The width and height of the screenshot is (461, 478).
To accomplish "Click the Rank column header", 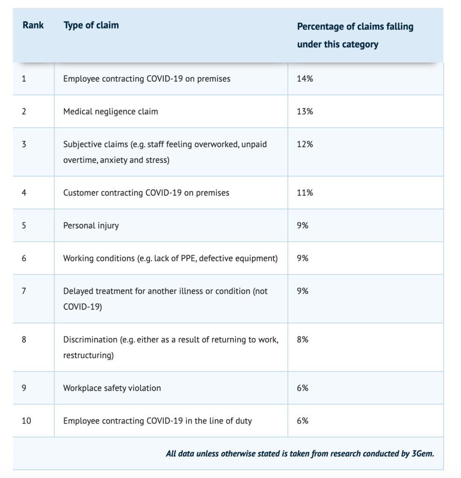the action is tap(33, 25).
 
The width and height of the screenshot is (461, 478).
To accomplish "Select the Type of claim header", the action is tap(91, 25).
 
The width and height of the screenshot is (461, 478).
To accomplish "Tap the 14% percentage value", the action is tap(305, 78).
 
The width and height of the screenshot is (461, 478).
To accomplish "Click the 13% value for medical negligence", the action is tap(305, 111).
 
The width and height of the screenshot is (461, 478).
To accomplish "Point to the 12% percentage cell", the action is tap(305, 144).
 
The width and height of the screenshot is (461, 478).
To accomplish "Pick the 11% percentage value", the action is tap(305, 193).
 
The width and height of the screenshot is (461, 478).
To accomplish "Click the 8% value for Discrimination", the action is tap(302, 339).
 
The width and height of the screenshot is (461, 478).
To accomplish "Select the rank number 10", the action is tap(26, 421).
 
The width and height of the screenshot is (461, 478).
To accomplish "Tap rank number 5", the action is tap(24, 225).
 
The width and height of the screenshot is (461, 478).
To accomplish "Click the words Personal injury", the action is tap(91, 225).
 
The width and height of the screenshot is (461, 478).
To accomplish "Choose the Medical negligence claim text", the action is tap(110, 112).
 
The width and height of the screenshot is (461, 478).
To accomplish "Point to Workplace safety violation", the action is tap(112, 388).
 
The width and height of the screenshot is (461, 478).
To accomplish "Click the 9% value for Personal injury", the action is tap(302, 225).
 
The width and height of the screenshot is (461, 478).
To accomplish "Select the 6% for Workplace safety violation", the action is tap(302, 388).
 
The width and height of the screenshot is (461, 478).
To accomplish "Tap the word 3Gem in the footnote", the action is tap(423, 454).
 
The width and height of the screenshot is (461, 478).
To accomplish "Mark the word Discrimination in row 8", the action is tap(90, 339).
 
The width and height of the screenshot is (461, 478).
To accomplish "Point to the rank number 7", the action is tap(24, 291).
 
